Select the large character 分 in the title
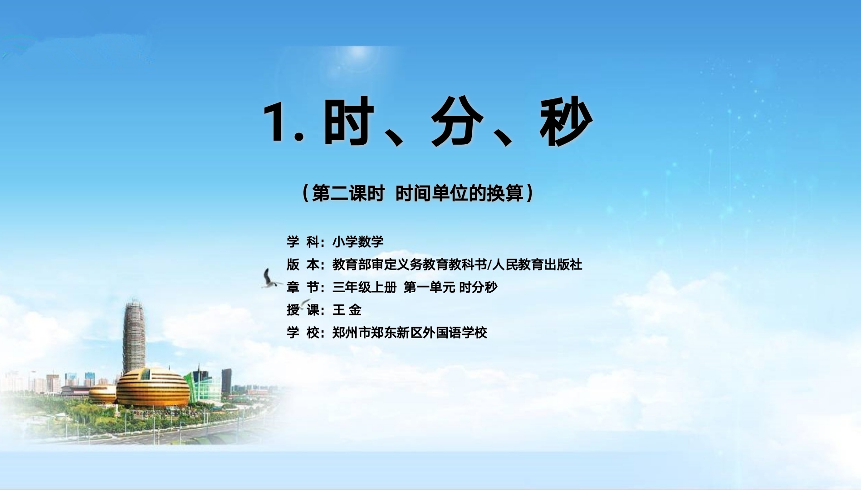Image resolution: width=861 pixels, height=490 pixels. tap(457, 121)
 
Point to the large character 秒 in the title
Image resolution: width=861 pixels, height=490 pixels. tap(566, 121)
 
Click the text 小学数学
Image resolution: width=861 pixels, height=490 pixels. tap(358, 242)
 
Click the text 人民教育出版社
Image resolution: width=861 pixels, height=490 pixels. tap(537, 265)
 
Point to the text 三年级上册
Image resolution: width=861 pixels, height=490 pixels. tap(364, 287)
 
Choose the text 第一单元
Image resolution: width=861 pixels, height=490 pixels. tap(429, 287)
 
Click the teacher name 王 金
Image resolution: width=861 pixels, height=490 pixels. tap(347, 310)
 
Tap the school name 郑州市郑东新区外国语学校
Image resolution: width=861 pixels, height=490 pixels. tap(410, 333)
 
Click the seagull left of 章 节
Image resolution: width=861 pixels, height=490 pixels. tap(271, 279)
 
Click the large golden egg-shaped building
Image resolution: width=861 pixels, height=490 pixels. tap(153, 387)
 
